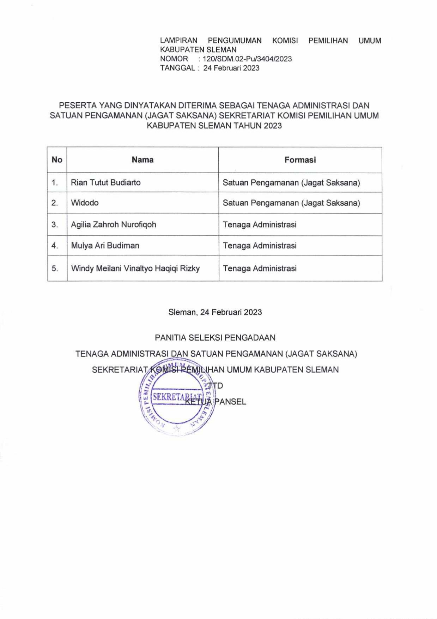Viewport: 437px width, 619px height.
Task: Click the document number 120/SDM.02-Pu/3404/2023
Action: coord(247,59)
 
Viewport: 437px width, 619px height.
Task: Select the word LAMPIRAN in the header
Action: coord(178,41)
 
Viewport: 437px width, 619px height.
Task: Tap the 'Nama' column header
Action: coord(142,160)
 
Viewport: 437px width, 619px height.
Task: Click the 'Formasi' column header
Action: coord(300,160)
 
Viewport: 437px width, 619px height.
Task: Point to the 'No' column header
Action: coord(57,160)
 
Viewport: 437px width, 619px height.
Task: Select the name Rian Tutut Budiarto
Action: coord(106,182)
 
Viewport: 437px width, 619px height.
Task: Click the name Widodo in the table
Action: coord(85,203)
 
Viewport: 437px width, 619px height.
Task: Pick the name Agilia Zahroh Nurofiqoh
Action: coord(114,224)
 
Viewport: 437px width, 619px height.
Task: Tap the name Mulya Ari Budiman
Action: coord(105,245)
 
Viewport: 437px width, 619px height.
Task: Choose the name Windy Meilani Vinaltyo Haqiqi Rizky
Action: coord(135,268)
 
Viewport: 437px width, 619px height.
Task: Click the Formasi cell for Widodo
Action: coord(291,203)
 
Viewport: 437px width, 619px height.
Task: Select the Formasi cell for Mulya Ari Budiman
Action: coord(260,246)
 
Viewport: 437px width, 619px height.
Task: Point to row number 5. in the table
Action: coord(55,269)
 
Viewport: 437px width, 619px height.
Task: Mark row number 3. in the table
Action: coord(55,225)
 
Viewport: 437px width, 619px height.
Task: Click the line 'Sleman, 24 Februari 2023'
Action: coord(215,312)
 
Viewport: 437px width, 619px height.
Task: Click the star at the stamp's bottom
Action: coord(177,428)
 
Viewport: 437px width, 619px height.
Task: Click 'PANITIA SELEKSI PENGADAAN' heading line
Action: coord(215,338)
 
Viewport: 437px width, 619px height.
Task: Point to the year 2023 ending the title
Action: coord(272,126)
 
